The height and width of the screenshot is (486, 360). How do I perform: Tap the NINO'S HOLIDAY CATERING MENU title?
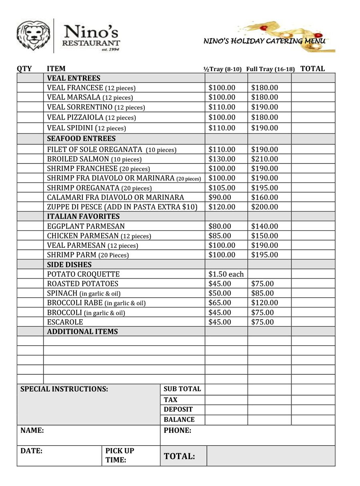(x=264, y=41)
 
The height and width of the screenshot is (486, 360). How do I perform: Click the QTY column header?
(x=24, y=69)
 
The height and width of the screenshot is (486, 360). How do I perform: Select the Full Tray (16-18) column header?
(x=270, y=69)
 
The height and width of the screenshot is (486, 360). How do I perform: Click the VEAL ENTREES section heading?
(x=74, y=78)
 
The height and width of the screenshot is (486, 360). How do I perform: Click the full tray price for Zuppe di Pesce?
(x=264, y=207)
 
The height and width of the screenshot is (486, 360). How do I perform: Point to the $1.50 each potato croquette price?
(x=226, y=274)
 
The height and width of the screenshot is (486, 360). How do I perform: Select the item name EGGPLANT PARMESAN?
(x=86, y=226)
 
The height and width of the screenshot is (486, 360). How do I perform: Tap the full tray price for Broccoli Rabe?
(x=264, y=303)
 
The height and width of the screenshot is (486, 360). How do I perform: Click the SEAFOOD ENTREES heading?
(x=81, y=139)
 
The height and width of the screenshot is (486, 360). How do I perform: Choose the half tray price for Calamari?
(x=220, y=197)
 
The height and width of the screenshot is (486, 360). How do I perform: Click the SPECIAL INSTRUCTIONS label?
(x=64, y=389)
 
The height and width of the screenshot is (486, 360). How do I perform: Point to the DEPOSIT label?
(x=178, y=409)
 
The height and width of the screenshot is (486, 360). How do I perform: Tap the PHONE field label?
(x=177, y=430)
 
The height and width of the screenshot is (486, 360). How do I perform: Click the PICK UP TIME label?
(x=120, y=455)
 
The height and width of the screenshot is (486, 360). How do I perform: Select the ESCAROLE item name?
(x=65, y=322)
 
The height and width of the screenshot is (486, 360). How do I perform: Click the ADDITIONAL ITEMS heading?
(x=82, y=332)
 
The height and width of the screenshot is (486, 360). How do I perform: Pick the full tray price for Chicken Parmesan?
(x=264, y=236)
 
